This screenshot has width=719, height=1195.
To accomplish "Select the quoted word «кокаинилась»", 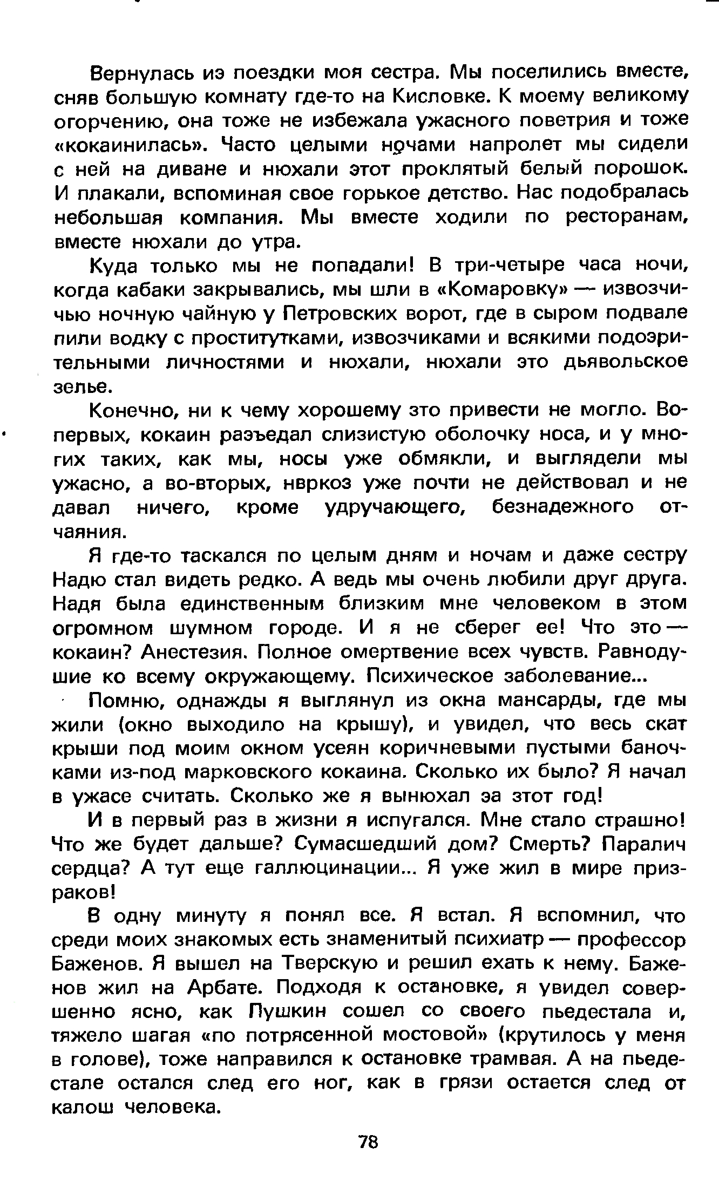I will [133, 145].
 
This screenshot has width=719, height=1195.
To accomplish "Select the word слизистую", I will [374, 434].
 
